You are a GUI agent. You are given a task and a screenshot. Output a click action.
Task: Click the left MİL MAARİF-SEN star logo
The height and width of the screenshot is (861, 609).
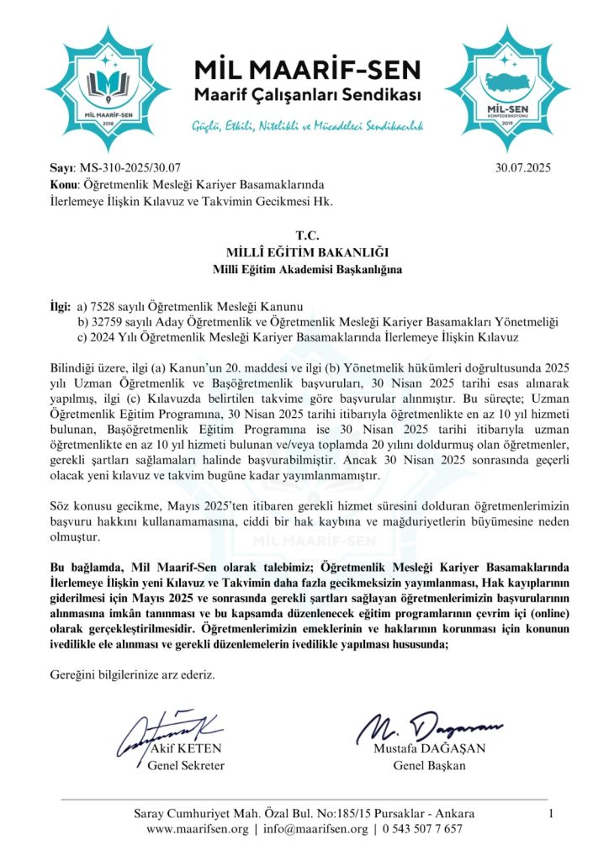tap(106, 82)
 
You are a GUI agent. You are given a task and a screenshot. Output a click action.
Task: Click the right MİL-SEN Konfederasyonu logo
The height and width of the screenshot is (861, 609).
tap(508, 82)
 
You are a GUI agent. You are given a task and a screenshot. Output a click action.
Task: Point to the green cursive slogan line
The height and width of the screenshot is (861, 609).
tap(304, 127)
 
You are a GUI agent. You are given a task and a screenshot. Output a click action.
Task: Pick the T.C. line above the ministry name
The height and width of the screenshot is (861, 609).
tap(304, 236)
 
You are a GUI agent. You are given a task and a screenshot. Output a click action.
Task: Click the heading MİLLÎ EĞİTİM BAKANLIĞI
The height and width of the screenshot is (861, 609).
tap(304, 252)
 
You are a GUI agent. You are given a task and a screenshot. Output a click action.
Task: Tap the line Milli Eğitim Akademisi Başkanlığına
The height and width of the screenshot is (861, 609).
tap(304, 269)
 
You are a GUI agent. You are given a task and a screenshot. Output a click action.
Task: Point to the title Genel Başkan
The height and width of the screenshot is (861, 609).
tap(429, 766)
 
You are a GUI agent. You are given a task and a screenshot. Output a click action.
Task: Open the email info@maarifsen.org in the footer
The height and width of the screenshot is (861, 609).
tap(314, 829)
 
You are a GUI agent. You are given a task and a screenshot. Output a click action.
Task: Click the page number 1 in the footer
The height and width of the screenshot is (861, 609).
tap(550, 813)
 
